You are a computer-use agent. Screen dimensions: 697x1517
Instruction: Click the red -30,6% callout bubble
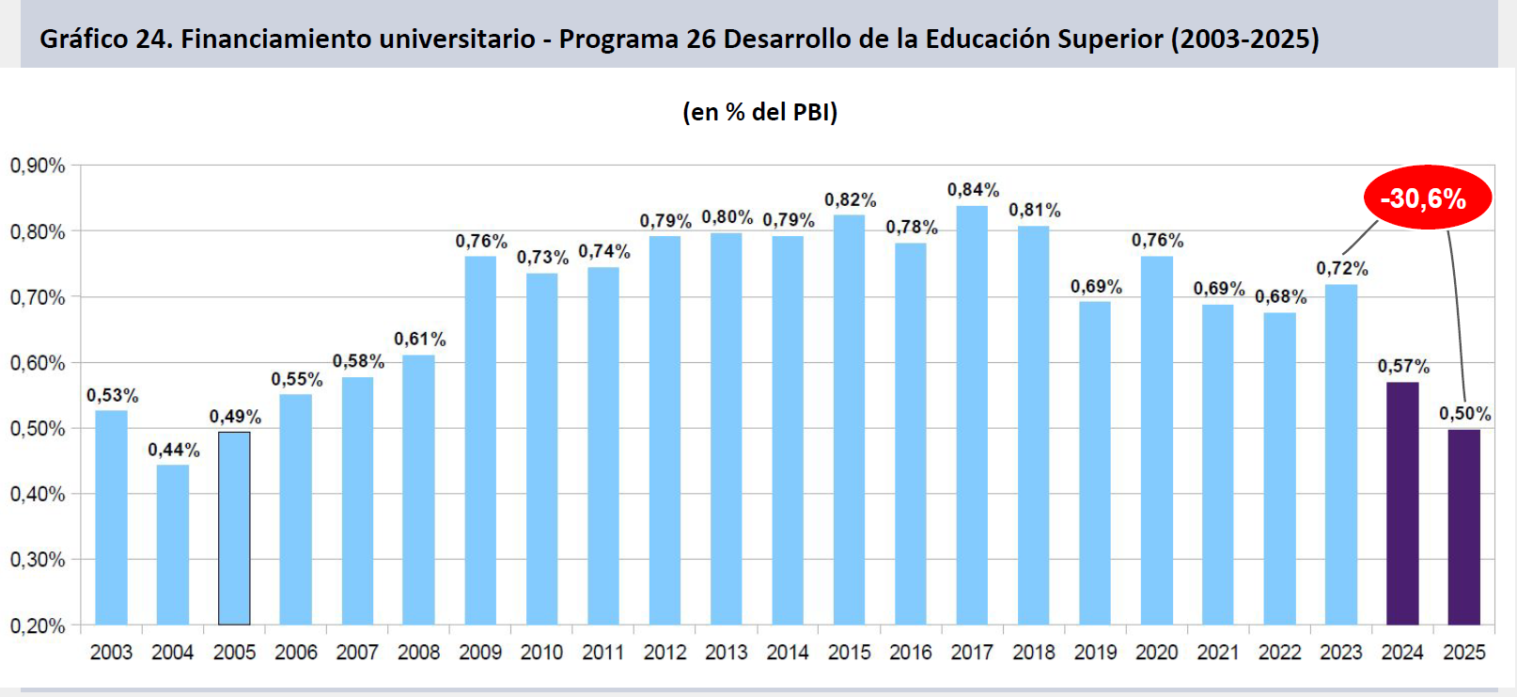pyautogui.click(x=1427, y=198)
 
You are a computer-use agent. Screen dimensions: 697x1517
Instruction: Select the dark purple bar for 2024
pyautogui.click(x=1402, y=503)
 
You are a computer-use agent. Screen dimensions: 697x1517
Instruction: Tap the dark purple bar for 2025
pyautogui.click(x=1463, y=527)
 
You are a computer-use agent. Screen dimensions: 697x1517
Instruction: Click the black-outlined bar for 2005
pyautogui.click(x=234, y=529)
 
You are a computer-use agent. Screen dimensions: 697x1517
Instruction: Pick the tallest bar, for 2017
pyautogui.click(x=972, y=415)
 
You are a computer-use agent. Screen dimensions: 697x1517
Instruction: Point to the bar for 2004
pyautogui.click(x=173, y=545)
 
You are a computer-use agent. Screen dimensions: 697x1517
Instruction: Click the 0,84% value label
pyautogui.click(x=973, y=190)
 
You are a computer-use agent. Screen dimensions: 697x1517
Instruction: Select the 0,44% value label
pyautogui.click(x=174, y=450)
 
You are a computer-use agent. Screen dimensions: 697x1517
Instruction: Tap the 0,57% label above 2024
pyautogui.click(x=1403, y=366)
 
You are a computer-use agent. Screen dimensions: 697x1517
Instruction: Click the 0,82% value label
pyautogui.click(x=850, y=199)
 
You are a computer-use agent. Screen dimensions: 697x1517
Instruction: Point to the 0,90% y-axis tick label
pyautogui.click(x=38, y=166)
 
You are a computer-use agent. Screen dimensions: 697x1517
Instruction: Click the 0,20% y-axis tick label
pyautogui.click(x=38, y=626)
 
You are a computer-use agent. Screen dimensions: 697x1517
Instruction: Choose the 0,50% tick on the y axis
pyautogui.click(x=38, y=429)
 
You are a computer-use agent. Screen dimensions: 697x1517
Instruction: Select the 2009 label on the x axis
pyautogui.click(x=480, y=652)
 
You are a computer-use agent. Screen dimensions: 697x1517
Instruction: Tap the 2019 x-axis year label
pyautogui.click(x=1095, y=652)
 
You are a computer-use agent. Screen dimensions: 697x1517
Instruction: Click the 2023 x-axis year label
pyautogui.click(x=1340, y=652)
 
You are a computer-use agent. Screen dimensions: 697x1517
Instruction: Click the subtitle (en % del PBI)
pyautogui.click(x=759, y=112)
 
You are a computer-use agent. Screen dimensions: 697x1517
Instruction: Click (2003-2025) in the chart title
pyautogui.click(x=1244, y=39)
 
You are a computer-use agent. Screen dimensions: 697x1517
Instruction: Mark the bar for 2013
pyautogui.click(x=727, y=429)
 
